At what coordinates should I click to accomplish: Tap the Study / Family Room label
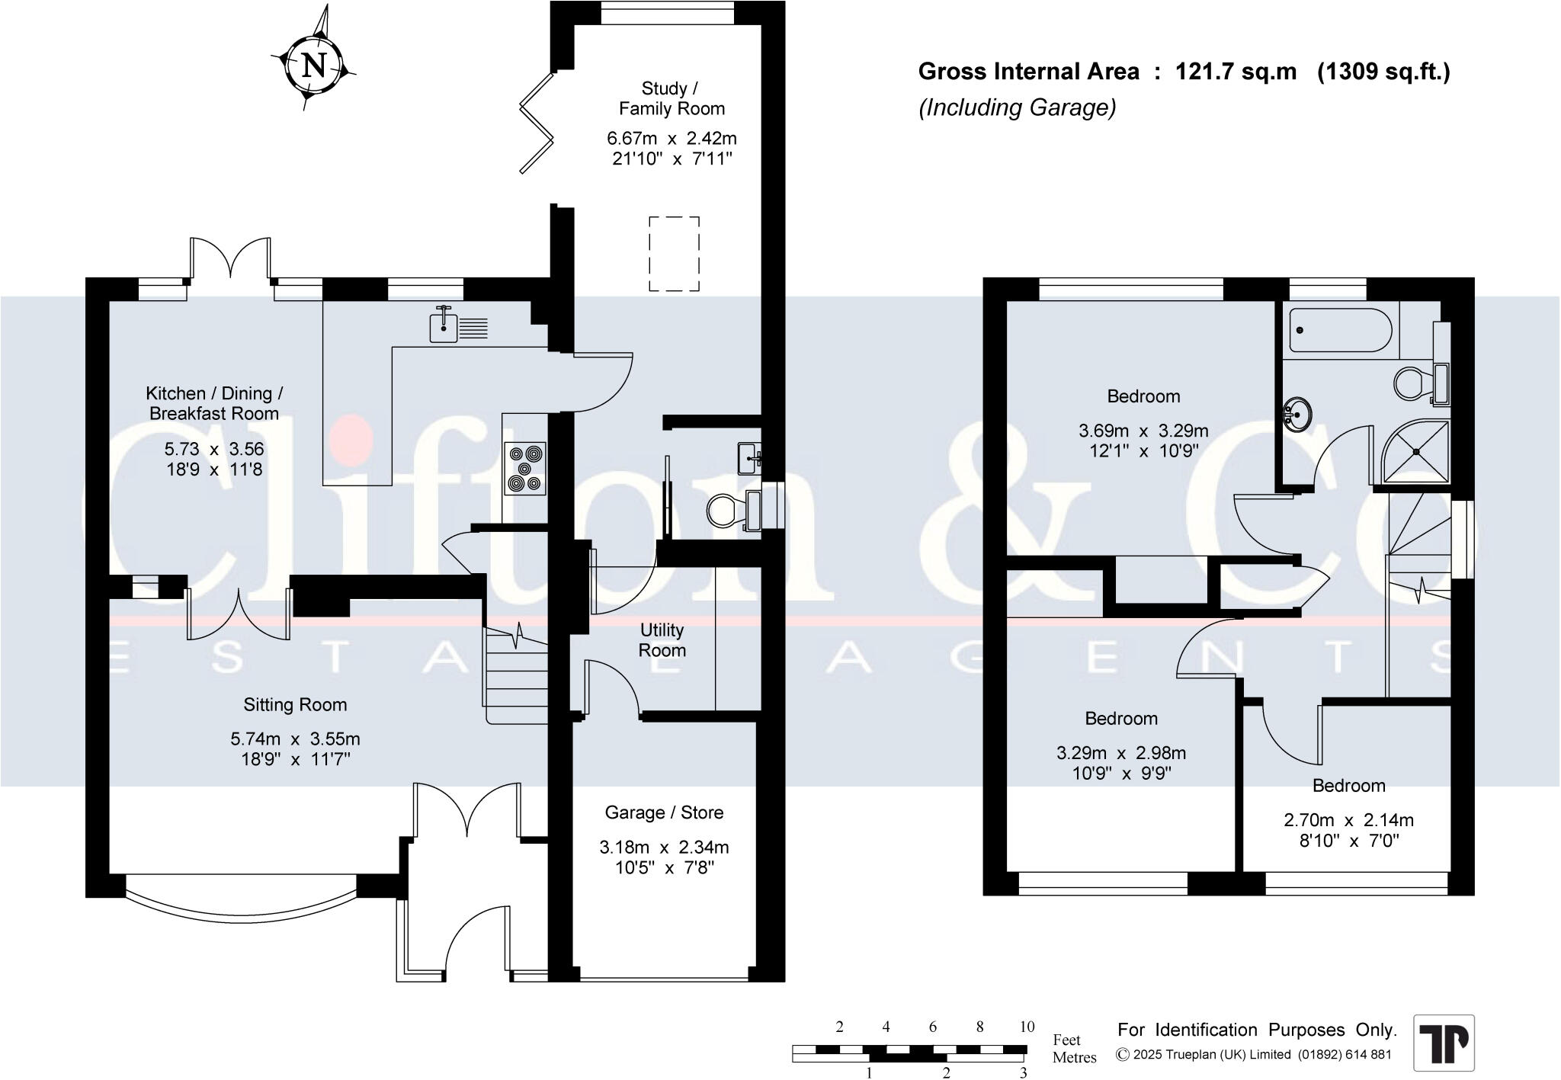pyautogui.click(x=672, y=98)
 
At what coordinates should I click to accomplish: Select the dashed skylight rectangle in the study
pyautogui.click(x=674, y=254)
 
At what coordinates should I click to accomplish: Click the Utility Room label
pyautogui.click(x=662, y=640)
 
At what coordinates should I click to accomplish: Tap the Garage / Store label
pyautogui.click(x=664, y=812)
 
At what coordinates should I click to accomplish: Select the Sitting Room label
pyautogui.click(x=295, y=705)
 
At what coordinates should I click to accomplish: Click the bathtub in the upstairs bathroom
pyautogui.click(x=1340, y=330)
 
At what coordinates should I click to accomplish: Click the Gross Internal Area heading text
pyautogui.click(x=1184, y=72)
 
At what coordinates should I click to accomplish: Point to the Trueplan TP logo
pyautogui.click(x=1444, y=1043)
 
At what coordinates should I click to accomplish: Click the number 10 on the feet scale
pyautogui.click(x=1027, y=1027)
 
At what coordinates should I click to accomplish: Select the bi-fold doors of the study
pyautogui.click(x=538, y=122)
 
